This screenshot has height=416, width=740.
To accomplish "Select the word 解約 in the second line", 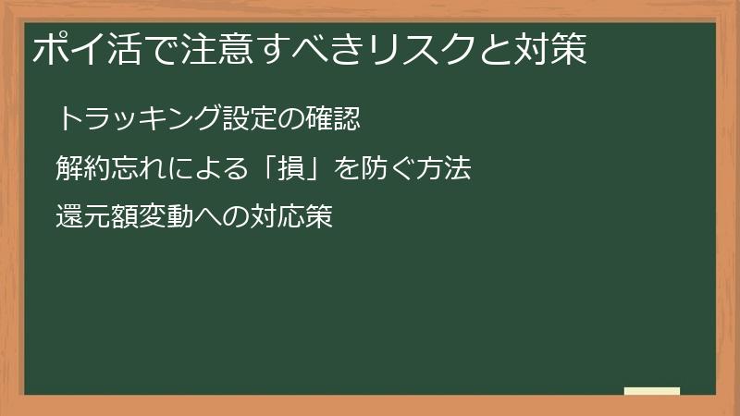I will tap(82, 168).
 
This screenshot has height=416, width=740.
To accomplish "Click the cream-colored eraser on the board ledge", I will tap(651, 391).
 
